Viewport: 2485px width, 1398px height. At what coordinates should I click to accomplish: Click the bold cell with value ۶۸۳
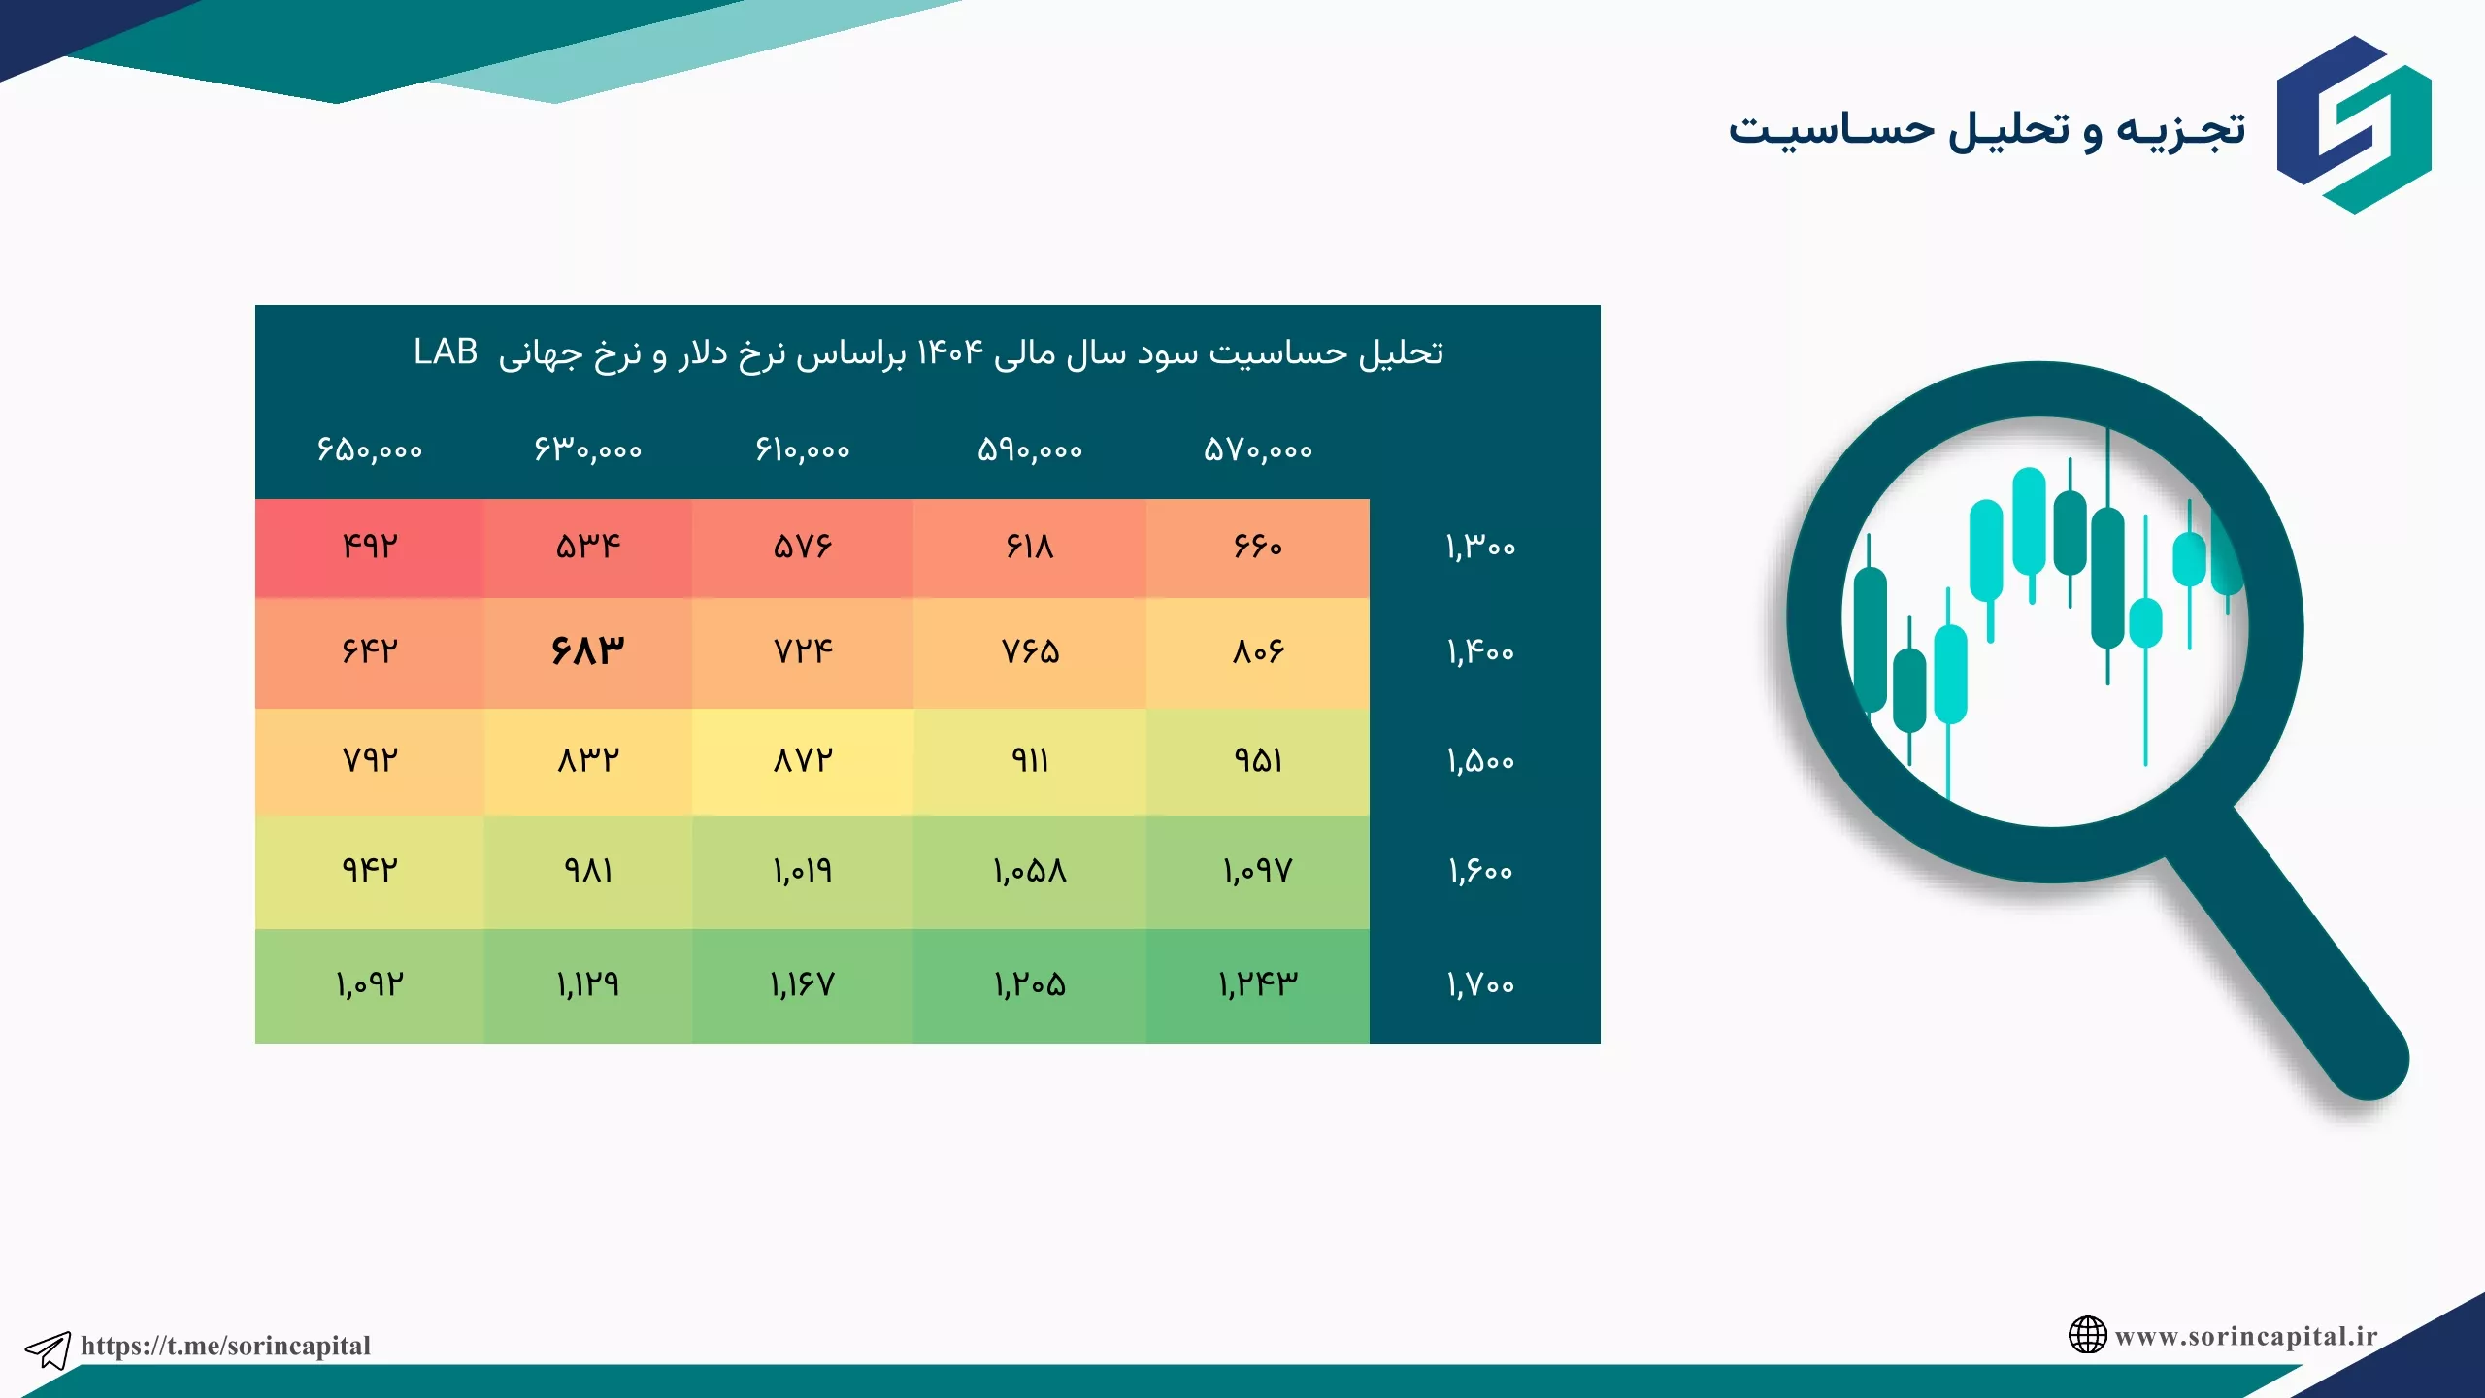tap(587, 650)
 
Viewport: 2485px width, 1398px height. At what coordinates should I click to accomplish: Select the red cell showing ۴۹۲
tap(370, 547)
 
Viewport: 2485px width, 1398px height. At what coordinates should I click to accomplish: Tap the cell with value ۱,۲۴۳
tap(1258, 984)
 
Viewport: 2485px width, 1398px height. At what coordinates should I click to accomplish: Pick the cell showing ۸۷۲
tap(803, 759)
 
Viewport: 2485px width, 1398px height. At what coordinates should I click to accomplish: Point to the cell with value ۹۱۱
tap(1030, 759)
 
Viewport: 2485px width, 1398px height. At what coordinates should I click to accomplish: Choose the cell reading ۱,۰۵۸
tap(1030, 871)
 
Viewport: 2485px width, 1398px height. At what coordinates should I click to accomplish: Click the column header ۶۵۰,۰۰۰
tap(370, 449)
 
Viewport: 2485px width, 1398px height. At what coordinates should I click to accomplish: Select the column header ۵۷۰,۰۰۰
tap(1258, 449)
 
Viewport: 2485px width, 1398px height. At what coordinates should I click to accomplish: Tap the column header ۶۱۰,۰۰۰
tap(803, 449)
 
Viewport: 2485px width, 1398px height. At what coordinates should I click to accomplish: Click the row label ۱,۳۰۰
tap(1480, 547)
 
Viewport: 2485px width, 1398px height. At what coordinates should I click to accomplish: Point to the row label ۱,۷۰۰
tap(1480, 984)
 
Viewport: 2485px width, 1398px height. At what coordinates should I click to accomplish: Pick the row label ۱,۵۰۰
tap(1480, 760)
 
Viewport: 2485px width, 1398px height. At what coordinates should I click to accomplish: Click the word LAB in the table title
tap(446, 351)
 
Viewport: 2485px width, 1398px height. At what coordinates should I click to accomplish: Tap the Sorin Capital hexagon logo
tap(2354, 124)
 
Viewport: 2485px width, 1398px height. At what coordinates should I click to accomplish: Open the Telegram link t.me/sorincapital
tap(225, 1346)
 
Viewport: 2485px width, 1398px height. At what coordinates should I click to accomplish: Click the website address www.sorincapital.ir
tap(2246, 1337)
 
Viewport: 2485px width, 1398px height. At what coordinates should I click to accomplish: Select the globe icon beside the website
tap(2087, 1335)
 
